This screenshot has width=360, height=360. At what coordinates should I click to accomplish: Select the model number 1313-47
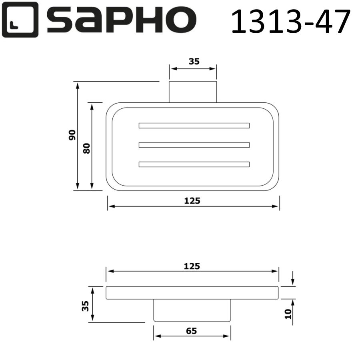(x=291, y=21)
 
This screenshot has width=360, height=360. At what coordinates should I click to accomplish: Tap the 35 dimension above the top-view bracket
(x=194, y=61)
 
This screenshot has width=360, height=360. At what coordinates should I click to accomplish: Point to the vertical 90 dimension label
(x=72, y=135)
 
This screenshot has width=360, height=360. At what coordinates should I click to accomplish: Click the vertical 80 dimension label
(x=87, y=148)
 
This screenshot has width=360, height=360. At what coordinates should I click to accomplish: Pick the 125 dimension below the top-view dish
(x=192, y=201)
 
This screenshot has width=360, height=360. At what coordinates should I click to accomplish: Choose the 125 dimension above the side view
(x=192, y=266)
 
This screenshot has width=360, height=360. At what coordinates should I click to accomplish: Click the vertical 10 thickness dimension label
(x=289, y=314)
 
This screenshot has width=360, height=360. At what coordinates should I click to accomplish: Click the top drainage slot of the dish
(x=194, y=125)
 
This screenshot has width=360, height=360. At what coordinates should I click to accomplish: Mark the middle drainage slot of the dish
(x=194, y=145)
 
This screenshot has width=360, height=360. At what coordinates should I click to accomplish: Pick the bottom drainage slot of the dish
(x=194, y=164)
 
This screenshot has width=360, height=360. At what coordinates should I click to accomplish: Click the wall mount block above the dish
(x=192, y=92)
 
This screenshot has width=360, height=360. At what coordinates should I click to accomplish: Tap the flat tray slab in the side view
(x=192, y=293)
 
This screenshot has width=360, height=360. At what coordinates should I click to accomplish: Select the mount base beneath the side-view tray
(x=192, y=310)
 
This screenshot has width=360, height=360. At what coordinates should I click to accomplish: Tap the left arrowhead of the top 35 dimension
(x=172, y=68)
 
